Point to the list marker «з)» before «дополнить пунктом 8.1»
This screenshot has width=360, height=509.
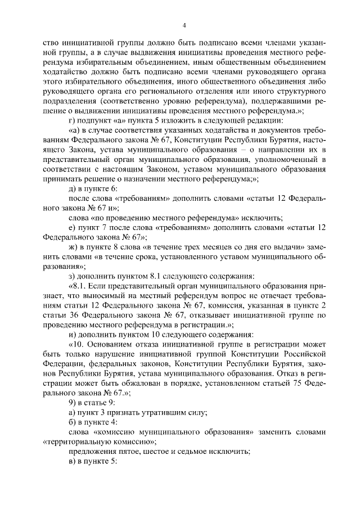(71, 275)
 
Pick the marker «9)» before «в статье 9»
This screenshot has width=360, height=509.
(71, 401)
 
